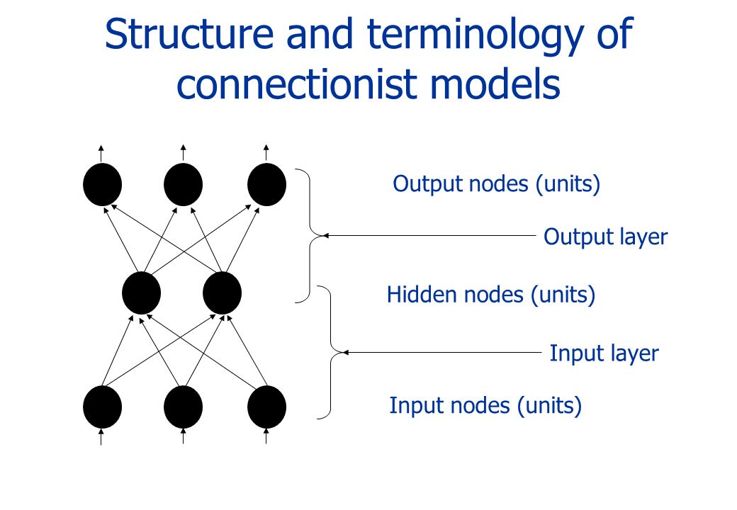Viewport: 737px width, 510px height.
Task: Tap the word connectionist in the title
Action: click(x=297, y=84)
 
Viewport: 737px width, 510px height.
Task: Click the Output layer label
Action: click(x=605, y=237)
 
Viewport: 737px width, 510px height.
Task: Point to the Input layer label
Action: click(x=604, y=353)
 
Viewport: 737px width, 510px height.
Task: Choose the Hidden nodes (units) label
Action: click(x=490, y=295)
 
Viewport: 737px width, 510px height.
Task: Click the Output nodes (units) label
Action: click(x=496, y=183)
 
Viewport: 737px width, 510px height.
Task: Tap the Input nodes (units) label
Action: click(x=485, y=406)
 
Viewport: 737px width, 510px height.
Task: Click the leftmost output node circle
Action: click(x=103, y=185)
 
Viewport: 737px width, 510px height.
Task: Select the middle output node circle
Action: click(x=184, y=185)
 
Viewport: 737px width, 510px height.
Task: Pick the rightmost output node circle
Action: click(x=267, y=185)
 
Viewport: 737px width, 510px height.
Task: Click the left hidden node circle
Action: click(x=142, y=293)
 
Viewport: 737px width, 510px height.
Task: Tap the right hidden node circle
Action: click(x=223, y=293)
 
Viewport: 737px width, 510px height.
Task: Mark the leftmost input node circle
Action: click(x=103, y=407)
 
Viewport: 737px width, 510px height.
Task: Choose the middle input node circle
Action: click(x=184, y=407)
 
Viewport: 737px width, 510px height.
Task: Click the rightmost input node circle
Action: click(x=267, y=407)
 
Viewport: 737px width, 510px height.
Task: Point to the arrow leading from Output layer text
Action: click(x=429, y=236)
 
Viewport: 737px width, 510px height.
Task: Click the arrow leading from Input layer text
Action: click(x=441, y=352)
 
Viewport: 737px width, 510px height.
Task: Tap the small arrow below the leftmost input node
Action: click(x=101, y=436)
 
